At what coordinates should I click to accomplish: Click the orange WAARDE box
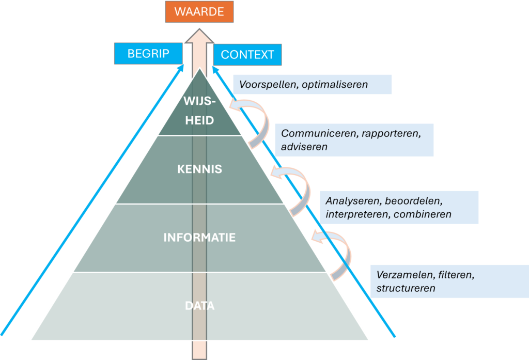click(199, 12)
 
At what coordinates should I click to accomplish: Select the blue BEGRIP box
click(148, 53)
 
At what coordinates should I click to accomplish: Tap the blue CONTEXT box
click(247, 55)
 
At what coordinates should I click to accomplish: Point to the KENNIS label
click(199, 169)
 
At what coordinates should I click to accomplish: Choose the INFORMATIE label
click(199, 238)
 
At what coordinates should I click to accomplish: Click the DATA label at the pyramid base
click(199, 306)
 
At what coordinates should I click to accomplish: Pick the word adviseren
click(304, 147)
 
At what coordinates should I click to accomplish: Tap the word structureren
click(406, 288)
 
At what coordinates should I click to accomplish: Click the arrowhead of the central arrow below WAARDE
click(199, 34)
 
